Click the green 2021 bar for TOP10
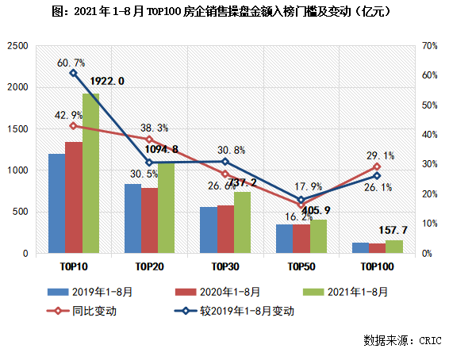tap(90, 174)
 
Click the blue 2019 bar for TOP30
tap(208, 230)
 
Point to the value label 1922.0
tap(105, 81)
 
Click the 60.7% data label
tap(71, 61)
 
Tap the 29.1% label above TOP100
tap(381, 156)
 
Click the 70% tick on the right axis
tap(429, 46)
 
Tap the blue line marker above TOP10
tap(73, 73)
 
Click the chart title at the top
tap(224, 13)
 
